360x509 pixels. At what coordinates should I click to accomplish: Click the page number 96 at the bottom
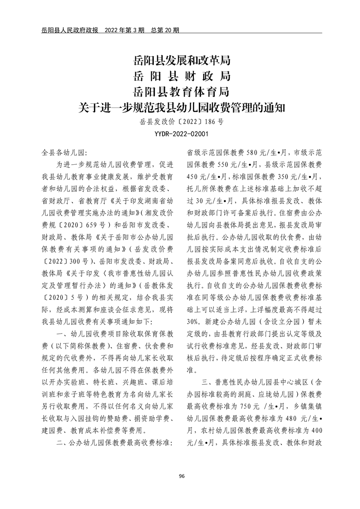[x=182, y=475]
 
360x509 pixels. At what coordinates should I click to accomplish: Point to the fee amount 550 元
[x=232, y=164]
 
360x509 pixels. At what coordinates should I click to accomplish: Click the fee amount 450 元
[x=197, y=176]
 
